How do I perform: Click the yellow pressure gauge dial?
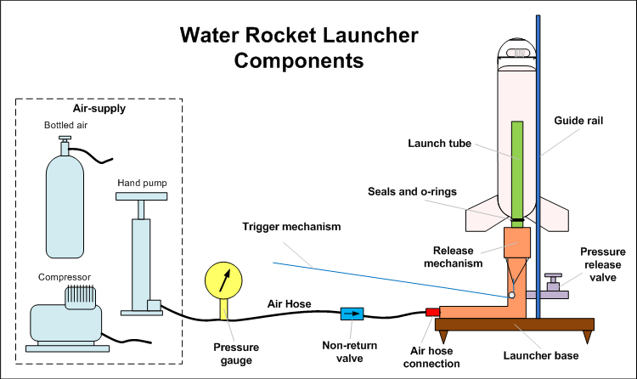click(x=223, y=280)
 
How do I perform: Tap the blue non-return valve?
click(x=351, y=314)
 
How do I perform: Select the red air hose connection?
click(x=431, y=313)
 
